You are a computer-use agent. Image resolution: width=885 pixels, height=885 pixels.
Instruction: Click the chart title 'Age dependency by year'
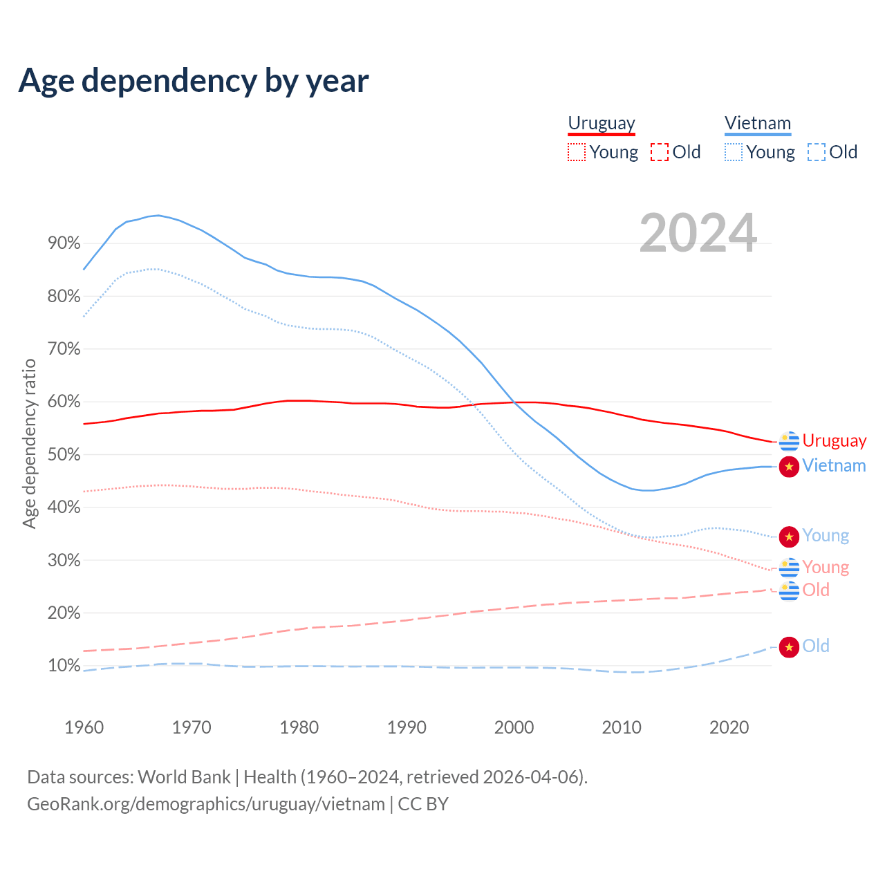point(194,80)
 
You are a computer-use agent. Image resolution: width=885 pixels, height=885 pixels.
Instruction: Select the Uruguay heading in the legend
point(601,123)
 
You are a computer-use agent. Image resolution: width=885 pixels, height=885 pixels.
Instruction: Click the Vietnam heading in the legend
point(757,123)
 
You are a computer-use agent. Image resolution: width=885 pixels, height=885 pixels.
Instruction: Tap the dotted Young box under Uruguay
point(576,152)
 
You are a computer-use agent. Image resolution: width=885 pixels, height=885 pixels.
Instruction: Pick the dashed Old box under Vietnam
point(816,152)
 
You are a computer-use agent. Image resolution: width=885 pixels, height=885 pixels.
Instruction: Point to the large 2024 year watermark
point(698,233)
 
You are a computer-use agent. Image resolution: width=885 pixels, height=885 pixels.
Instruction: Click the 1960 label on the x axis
point(84,727)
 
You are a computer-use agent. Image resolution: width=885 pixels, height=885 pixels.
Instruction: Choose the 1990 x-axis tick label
point(407,727)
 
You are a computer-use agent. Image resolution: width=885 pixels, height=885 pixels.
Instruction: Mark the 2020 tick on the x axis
point(729,727)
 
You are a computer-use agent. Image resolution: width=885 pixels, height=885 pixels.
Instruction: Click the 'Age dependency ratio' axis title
point(29,443)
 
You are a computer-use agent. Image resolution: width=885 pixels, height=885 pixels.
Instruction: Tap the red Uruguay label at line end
point(834,441)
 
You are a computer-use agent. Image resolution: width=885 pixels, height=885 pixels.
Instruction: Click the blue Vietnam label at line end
point(834,466)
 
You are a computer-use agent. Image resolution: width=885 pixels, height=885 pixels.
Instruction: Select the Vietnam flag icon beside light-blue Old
point(789,647)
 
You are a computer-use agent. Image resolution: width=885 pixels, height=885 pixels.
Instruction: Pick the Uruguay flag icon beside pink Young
point(789,568)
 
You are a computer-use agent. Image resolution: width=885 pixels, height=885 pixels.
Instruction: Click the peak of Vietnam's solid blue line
point(158,215)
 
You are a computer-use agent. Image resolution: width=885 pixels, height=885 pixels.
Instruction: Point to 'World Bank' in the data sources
point(184,777)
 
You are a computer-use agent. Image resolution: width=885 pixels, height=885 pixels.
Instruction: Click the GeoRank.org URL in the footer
point(205,804)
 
